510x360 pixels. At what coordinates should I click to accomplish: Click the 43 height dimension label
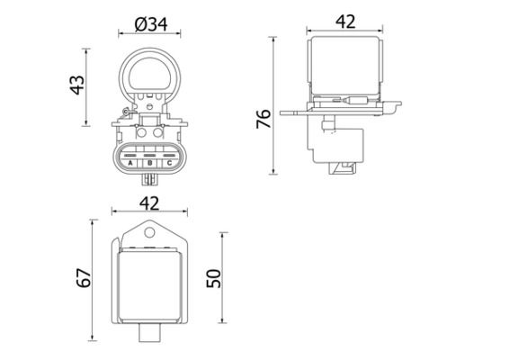coord(78,84)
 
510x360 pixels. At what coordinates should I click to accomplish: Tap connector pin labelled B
coord(148,163)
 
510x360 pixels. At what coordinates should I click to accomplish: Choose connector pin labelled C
coord(166,163)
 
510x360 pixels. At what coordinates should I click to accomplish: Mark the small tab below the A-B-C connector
coord(148,176)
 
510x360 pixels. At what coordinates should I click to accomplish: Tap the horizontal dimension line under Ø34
coord(148,35)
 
